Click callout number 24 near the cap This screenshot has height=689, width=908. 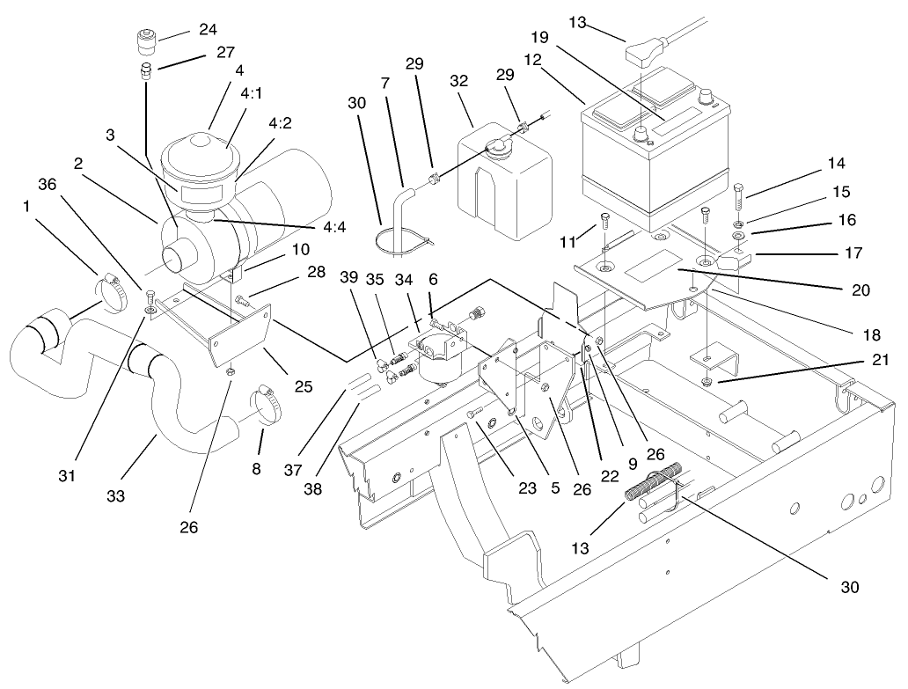click(x=208, y=29)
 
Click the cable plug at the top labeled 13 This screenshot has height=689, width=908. click(x=640, y=55)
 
